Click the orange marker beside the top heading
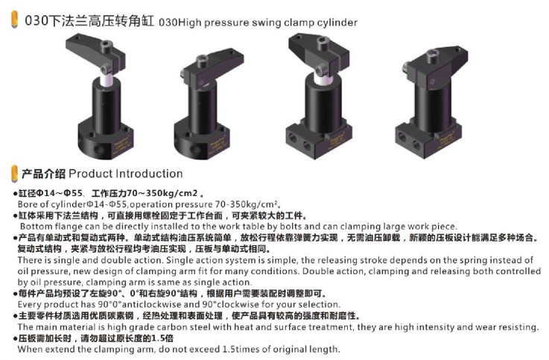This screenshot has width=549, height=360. pyautogui.click(x=15, y=19)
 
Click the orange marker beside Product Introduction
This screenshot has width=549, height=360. pyautogui.click(x=15, y=174)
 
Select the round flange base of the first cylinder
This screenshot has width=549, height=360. pyautogui.click(x=105, y=139)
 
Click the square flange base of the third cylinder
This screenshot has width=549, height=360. pyautogui.click(x=319, y=139)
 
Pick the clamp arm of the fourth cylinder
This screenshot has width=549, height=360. pyautogui.click(x=435, y=66)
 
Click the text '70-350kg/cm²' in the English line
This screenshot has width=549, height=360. pyautogui.click(x=248, y=204)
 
